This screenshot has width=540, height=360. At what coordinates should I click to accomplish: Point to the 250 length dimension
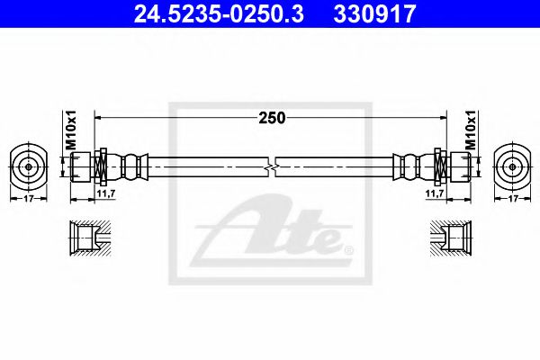[x=271, y=118]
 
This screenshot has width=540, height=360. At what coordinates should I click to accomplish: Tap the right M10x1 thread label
[x=471, y=129]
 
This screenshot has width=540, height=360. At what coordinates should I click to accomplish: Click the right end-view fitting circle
[x=512, y=166]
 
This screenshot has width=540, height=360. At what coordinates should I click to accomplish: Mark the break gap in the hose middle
[x=271, y=166]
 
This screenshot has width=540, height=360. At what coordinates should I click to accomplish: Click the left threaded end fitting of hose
[x=82, y=166]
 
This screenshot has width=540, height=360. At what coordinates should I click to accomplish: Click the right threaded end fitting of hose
[x=457, y=166]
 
